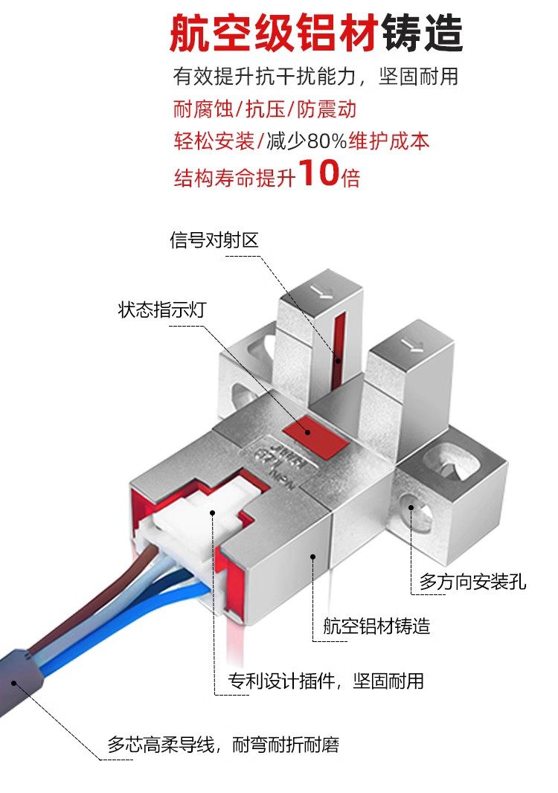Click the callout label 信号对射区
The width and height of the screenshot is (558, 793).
click(x=214, y=240)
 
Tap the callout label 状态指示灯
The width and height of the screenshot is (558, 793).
click(x=161, y=309)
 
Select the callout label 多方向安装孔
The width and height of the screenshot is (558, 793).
click(x=472, y=581)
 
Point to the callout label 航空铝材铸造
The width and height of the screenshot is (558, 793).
click(x=376, y=626)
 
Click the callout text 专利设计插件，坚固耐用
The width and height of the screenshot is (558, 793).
click(x=325, y=680)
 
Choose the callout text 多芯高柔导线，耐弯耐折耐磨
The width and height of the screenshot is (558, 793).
click(x=223, y=744)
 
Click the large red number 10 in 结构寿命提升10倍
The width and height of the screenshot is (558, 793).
click(x=318, y=173)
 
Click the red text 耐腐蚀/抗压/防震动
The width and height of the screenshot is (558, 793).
click(x=265, y=110)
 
